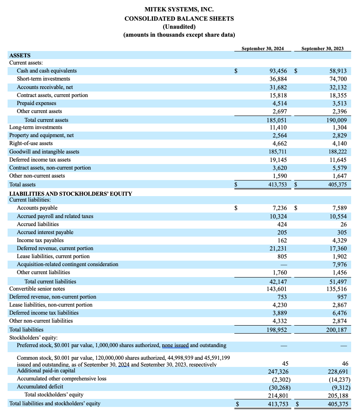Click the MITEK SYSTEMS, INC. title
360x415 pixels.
[x=179, y=9]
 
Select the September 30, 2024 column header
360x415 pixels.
[x=263, y=49]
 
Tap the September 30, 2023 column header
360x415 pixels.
[x=322, y=49]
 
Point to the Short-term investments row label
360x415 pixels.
[x=43, y=79]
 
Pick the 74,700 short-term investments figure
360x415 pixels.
[x=338, y=79]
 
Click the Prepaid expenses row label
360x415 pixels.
[x=37, y=103]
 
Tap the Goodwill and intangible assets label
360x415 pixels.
[x=44, y=151]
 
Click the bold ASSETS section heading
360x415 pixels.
[x=20, y=55]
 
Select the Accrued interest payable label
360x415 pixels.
[x=45, y=232]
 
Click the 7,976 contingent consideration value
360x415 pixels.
[x=340, y=264]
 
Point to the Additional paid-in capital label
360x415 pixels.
[x=46, y=370]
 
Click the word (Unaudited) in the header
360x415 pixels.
[x=179, y=27]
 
